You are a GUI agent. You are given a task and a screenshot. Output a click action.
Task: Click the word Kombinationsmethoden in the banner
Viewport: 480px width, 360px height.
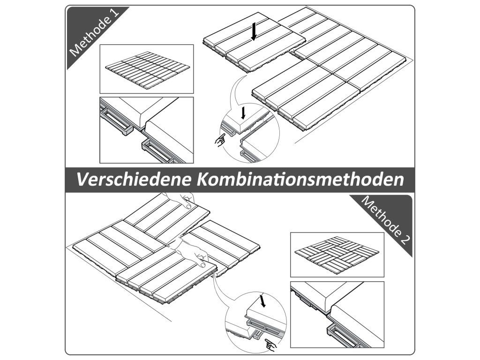click(300, 180)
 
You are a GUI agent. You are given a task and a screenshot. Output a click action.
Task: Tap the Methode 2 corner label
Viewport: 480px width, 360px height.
click(386, 220)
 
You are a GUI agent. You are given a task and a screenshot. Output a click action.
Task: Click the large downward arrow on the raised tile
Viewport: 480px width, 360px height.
click(254, 32)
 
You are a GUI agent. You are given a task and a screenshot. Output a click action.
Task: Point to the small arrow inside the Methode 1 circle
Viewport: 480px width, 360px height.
click(243, 112)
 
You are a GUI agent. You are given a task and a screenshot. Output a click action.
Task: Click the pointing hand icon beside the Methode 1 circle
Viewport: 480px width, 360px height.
click(220, 140)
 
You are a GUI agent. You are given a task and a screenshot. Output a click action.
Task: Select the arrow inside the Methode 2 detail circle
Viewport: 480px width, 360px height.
click(262, 300)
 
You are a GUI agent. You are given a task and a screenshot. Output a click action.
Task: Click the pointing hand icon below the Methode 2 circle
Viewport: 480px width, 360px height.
click(270, 345)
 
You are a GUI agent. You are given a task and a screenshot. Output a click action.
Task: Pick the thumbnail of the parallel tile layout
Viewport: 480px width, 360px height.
click(147, 69)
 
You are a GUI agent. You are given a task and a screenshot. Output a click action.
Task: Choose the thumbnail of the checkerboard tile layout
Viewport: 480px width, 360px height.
click(337, 255)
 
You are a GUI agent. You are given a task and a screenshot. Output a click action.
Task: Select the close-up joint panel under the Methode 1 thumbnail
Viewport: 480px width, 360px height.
click(147, 130)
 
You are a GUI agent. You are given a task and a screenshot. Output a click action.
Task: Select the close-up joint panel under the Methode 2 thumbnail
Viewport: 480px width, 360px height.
click(337, 315)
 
